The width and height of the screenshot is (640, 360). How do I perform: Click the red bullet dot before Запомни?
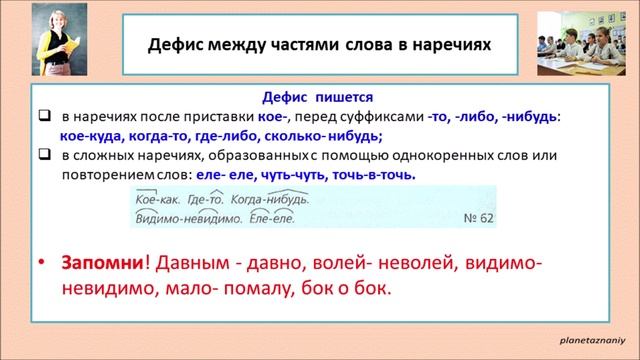click(41, 263)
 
